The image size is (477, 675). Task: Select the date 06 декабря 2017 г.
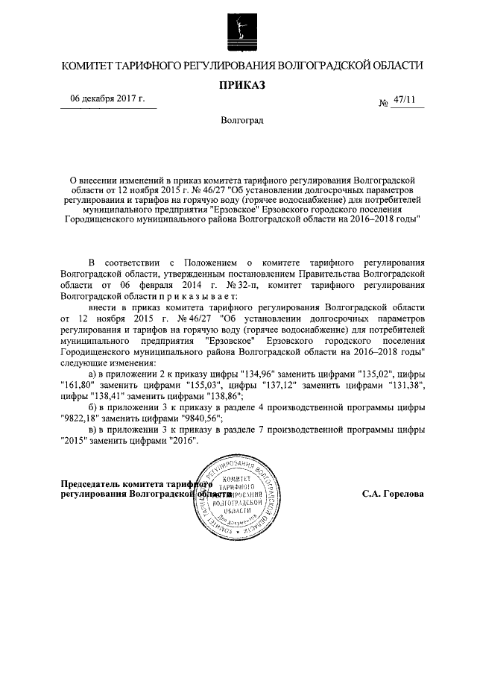coord(107,100)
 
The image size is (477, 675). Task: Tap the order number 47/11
coord(406,100)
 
